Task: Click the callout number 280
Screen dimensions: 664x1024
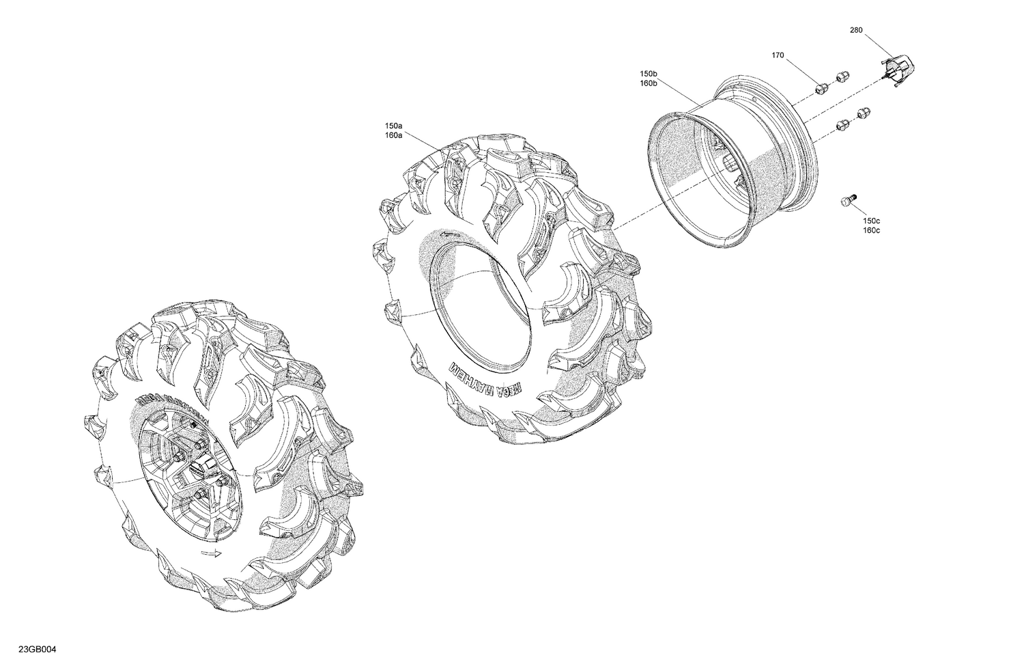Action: pos(857,30)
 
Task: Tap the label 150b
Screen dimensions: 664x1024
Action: pos(649,73)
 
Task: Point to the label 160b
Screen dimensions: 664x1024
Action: pos(649,83)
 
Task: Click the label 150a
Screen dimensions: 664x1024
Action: pos(393,126)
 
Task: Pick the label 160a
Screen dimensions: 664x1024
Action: pos(393,135)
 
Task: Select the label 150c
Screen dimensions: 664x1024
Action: pos(871,221)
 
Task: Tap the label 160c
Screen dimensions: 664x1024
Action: pos(871,230)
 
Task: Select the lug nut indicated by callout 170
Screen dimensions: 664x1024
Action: pos(823,87)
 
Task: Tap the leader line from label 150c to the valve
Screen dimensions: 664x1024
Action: pos(860,209)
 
